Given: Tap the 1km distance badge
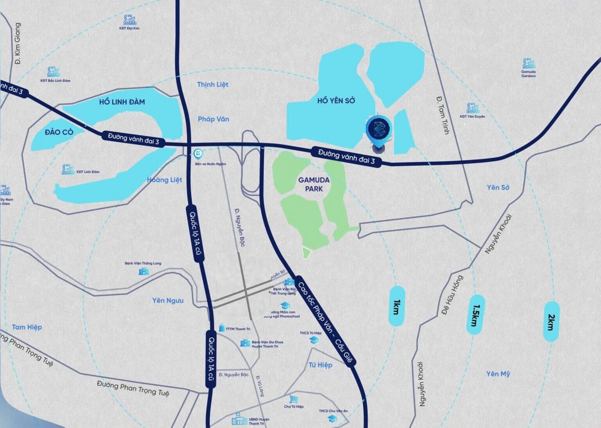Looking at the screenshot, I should pyautogui.click(x=396, y=307).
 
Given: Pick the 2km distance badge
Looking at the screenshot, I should pyautogui.click(x=551, y=321).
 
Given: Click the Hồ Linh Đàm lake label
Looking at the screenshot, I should pyautogui.click(x=122, y=102).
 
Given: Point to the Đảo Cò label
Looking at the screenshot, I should pyautogui.click(x=59, y=132).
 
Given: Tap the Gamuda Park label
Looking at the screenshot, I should pyautogui.click(x=314, y=184).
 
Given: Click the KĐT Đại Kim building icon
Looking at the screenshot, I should pyautogui.click(x=130, y=20).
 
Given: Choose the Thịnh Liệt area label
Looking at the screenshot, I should pyautogui.click(x=212, y=85).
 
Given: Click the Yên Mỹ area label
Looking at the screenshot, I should pyautogui.click(x=498, y=374).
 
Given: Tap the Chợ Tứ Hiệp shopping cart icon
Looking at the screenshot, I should pyautogui.click(x=293, y=399).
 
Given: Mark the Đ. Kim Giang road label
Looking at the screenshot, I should pyautogui.click(x=17, y=43).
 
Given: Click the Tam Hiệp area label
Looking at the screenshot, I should pyautogui.click(x=27, y=327).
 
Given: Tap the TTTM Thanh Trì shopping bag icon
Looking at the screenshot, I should pyautogui.click(x=221, y=328).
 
